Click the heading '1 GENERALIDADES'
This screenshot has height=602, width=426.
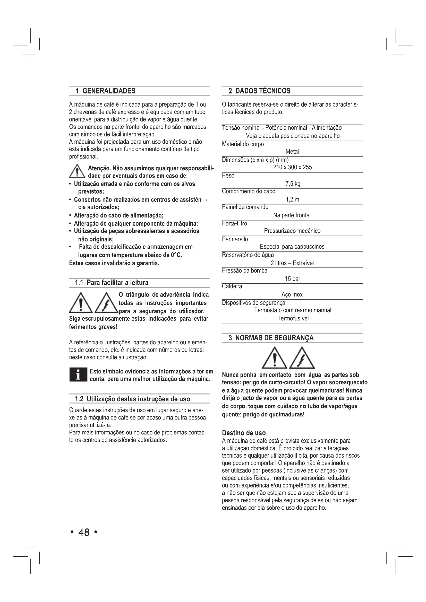pos(105,91)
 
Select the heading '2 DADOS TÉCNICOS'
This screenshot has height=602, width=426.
pos(259,91)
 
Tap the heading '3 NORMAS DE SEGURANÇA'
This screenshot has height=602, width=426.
pos(271,338)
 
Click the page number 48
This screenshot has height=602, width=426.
pos(84,532)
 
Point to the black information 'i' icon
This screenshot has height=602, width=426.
pos(78,375)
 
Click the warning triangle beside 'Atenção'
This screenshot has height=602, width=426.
pos(77,171)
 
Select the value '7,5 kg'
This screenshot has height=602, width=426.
pos(293,184)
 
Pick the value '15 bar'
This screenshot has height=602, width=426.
pos(293,279)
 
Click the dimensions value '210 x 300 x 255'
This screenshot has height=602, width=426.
pos(293,167)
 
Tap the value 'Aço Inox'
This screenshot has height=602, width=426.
pos(292,294)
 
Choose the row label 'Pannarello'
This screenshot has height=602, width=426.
pos(235,239)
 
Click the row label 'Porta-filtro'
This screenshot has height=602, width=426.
pos(234,223)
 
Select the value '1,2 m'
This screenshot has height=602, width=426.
pos(293,199)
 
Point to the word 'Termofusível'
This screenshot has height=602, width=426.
pos(293,318)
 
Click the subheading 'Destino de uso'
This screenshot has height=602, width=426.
pos(244,433)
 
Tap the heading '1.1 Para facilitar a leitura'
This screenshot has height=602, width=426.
pos(112,283)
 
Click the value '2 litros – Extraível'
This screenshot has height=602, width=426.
pos(292,263)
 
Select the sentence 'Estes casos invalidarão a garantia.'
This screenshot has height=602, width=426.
pos(114,263)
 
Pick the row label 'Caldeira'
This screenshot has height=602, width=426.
pos(232,286)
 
